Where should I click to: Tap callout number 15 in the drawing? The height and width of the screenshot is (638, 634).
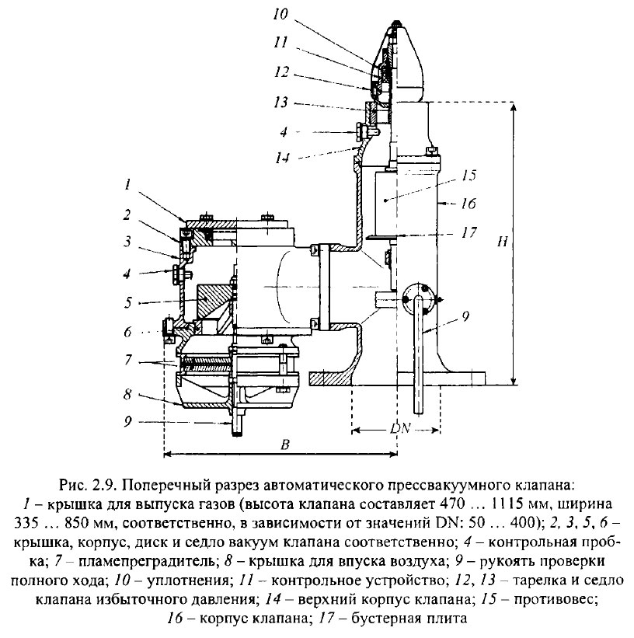(469, 176)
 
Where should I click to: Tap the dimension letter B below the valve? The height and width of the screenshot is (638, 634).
(285, 445)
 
